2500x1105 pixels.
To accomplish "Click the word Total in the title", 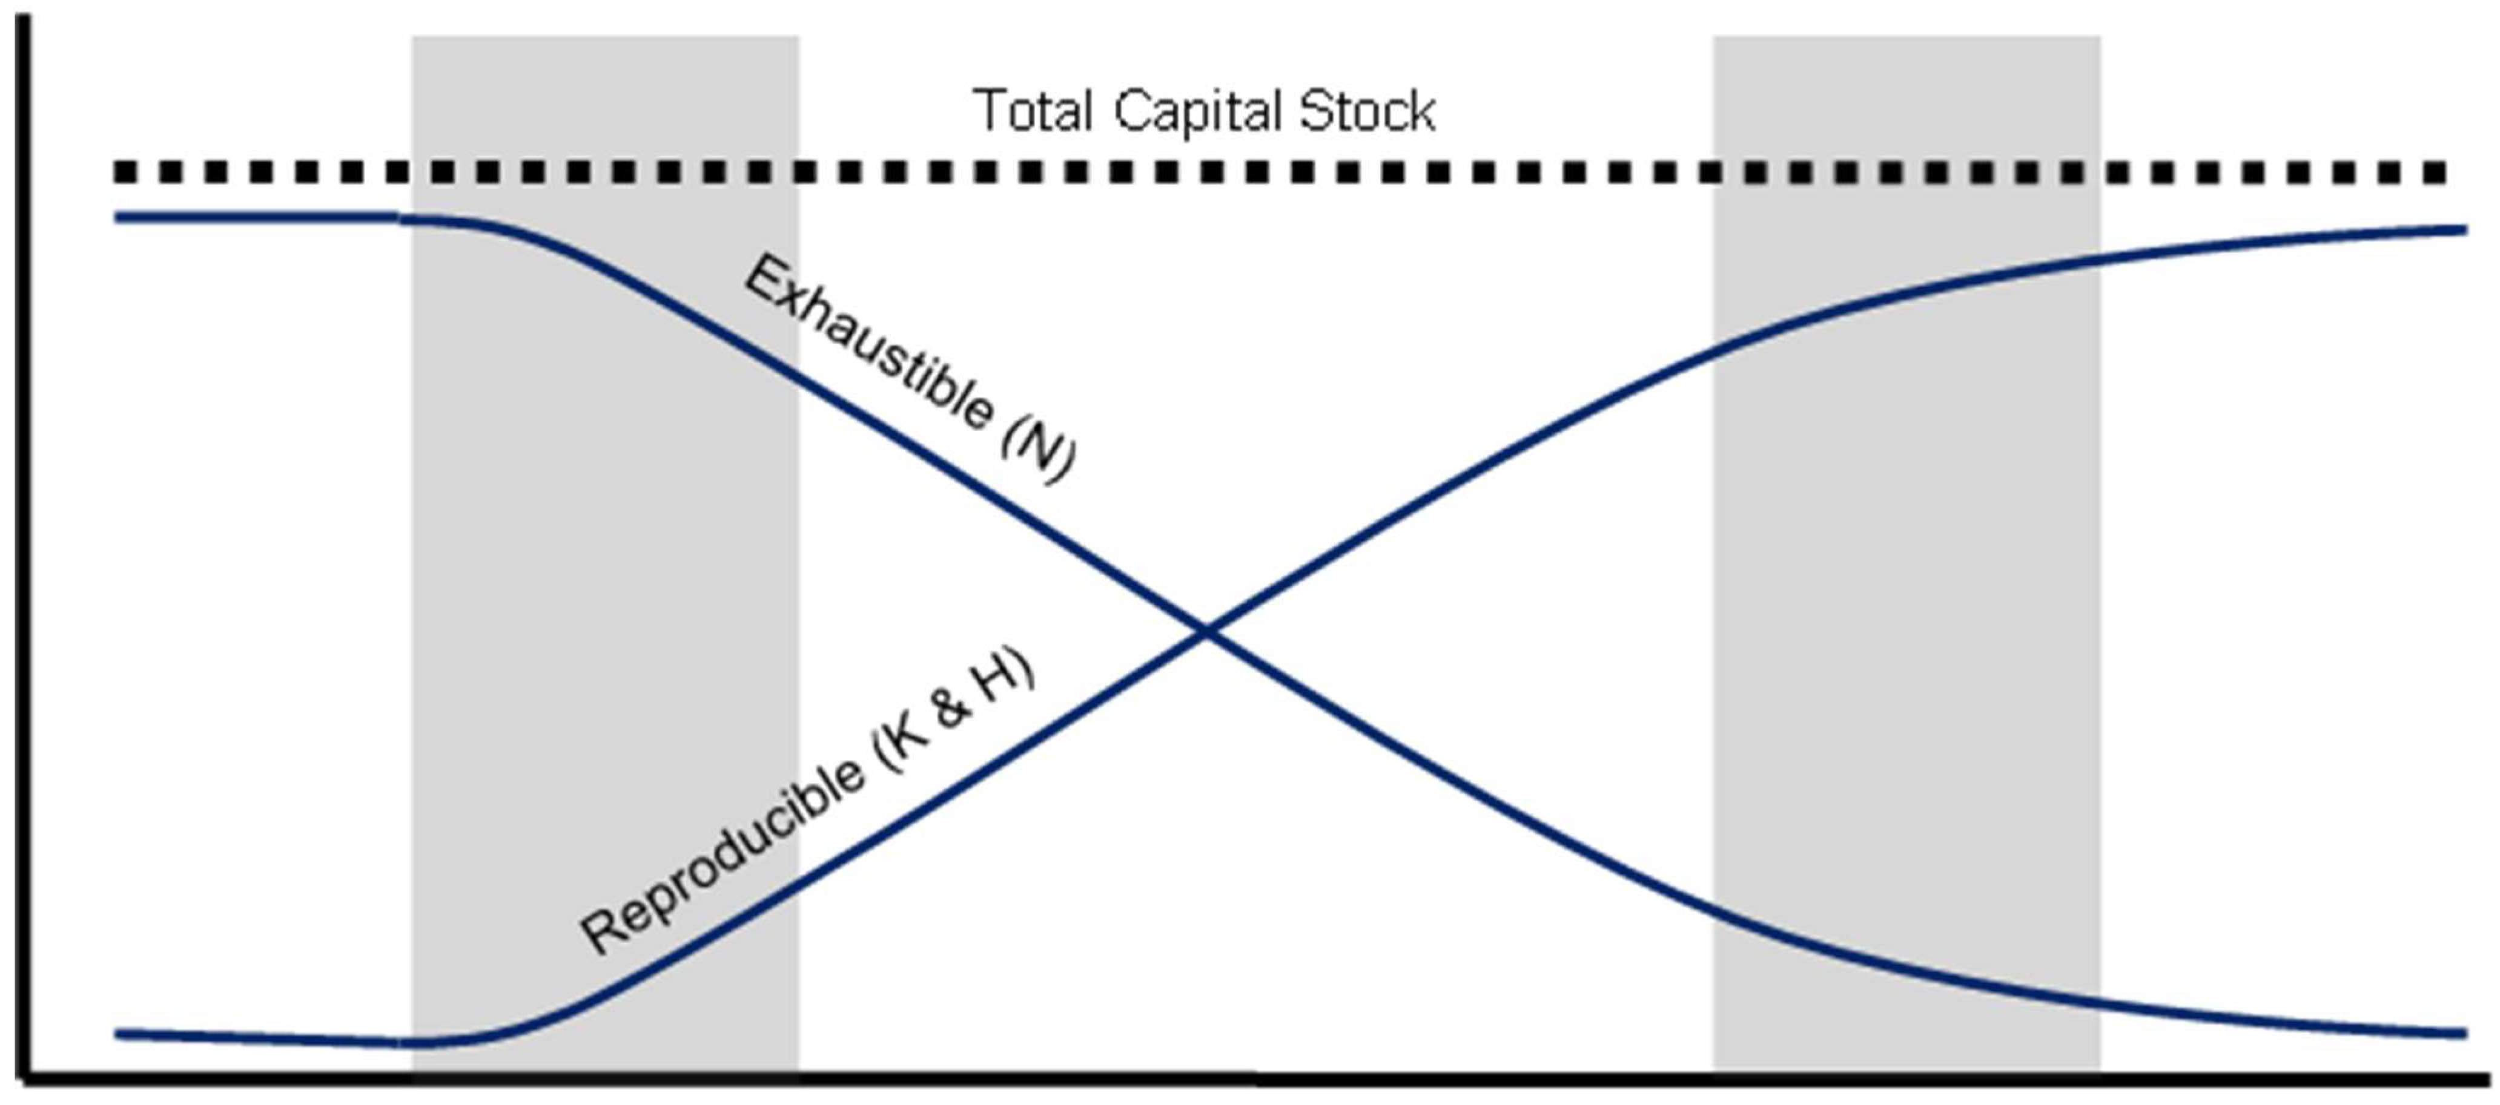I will (1034, 111).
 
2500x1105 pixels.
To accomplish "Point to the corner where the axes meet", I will (27, 1074).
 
